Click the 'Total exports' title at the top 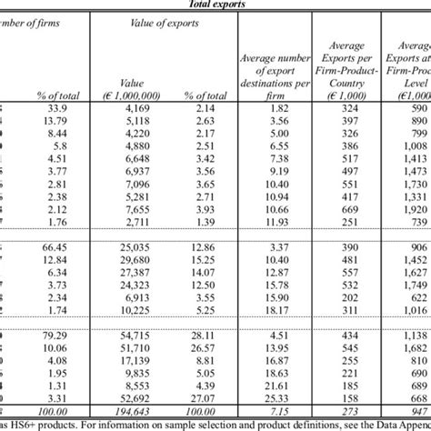coord(216,5)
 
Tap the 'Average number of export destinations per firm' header coord(272,77)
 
